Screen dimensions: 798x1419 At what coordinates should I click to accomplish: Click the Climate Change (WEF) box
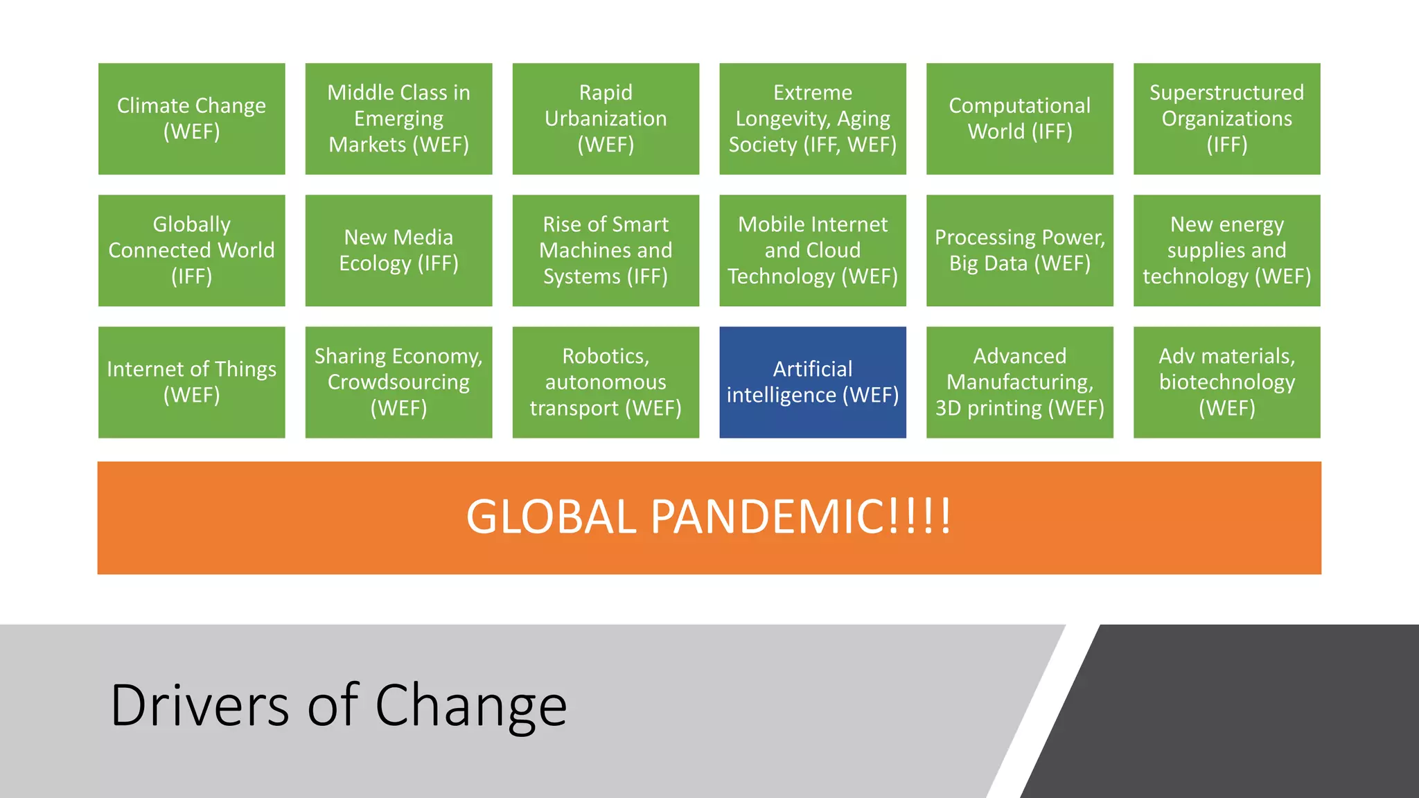(191, 118)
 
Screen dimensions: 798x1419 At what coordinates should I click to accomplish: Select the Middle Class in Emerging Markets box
(398, 118)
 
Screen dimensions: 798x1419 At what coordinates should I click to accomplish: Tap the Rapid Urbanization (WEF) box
(606, 118)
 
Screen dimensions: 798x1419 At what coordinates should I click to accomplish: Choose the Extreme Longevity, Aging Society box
(813, 118)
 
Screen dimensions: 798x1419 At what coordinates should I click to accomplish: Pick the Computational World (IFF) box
(1019, 118)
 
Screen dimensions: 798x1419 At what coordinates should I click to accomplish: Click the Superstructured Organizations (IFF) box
(1226, 118)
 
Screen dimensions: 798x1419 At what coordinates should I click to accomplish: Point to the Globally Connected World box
(191, 250)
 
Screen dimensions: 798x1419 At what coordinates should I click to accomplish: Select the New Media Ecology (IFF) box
(398, 250)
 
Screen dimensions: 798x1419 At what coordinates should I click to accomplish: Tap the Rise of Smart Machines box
(606, 250)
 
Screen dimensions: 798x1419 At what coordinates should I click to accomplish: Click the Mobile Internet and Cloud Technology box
(813, 250)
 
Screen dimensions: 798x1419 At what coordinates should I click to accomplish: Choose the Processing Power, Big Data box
(1019, 250)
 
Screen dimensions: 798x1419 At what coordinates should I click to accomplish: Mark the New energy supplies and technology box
(1226, 250)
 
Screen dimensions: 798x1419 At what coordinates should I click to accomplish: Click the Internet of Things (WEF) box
(191, 382)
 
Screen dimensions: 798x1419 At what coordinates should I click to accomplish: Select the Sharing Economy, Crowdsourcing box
(398, 382)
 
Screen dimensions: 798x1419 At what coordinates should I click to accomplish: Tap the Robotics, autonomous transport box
(606, 382)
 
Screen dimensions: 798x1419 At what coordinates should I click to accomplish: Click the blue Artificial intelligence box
(813, 382)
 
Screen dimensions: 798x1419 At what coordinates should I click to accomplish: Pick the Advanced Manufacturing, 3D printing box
(1019, 382)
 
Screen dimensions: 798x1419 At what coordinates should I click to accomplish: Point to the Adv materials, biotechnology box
(1226, 382)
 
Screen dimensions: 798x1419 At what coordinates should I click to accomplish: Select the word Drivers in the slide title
(200, 705)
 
